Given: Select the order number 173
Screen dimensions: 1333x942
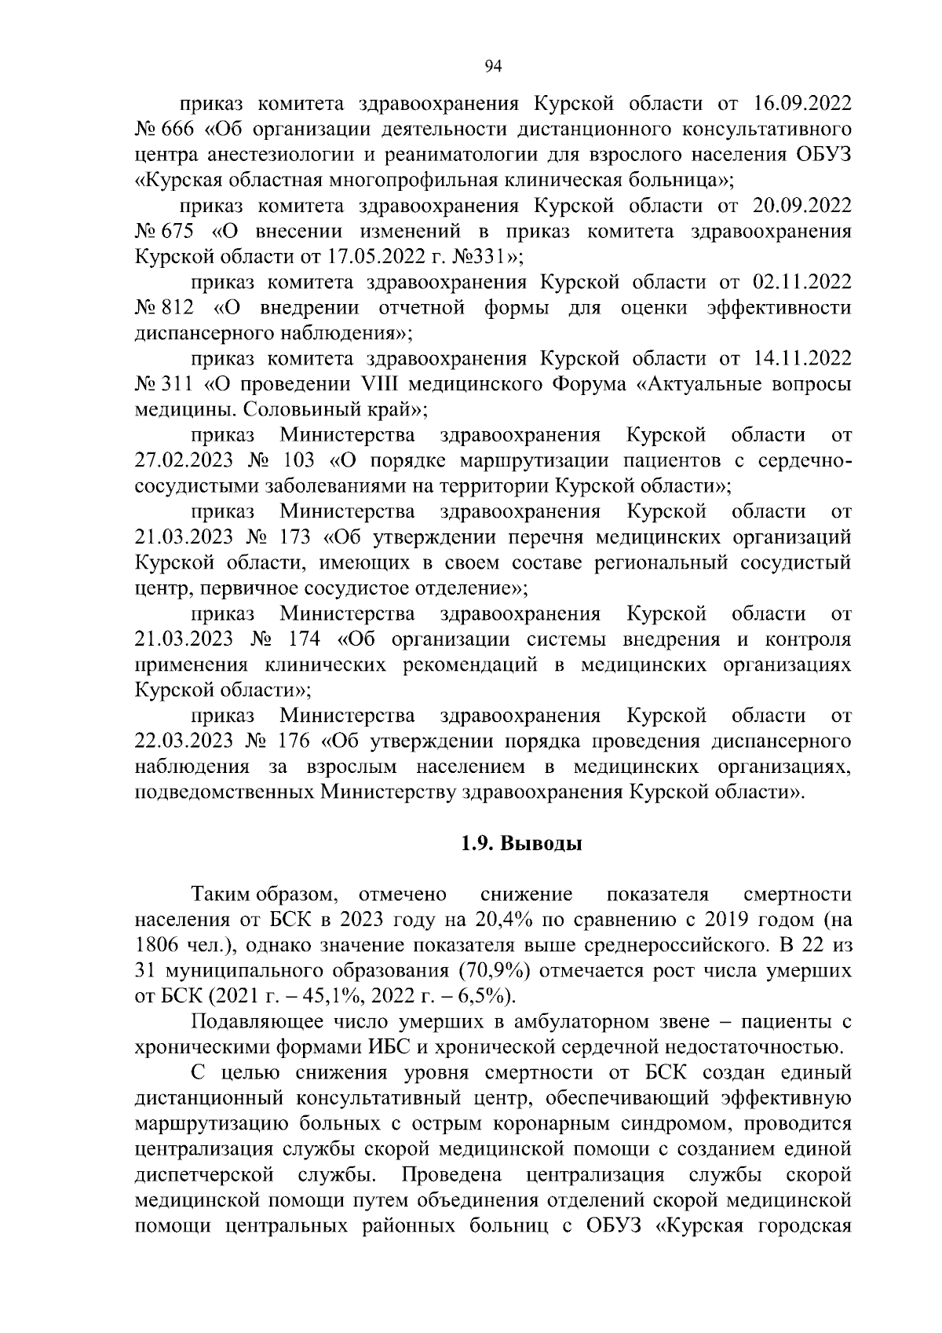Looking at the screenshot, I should coord(294,537).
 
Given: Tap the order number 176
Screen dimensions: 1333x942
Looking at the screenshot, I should coord(294,741).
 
